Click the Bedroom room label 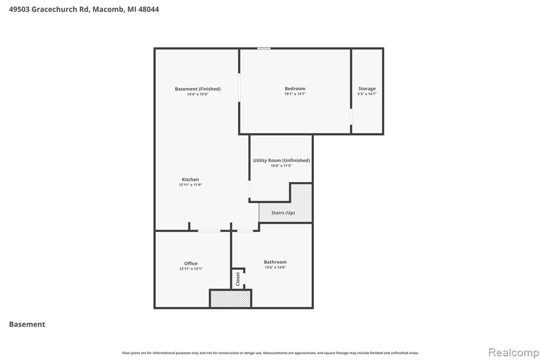295,89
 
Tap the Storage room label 367,89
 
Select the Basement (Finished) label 198,89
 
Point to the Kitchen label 190,179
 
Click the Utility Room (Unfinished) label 281,160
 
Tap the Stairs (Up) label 283,213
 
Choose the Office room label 191,263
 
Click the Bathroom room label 275,262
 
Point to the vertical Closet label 238,279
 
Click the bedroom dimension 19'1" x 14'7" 295,94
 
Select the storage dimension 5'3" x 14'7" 367,94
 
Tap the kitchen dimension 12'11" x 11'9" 190,185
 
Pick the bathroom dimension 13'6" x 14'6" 275,267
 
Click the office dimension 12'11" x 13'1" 191,269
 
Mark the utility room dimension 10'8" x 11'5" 281,166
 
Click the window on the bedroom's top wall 264,49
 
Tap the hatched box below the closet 230,299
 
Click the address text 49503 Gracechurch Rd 49,10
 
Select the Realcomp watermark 514,353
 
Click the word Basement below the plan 27,324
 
